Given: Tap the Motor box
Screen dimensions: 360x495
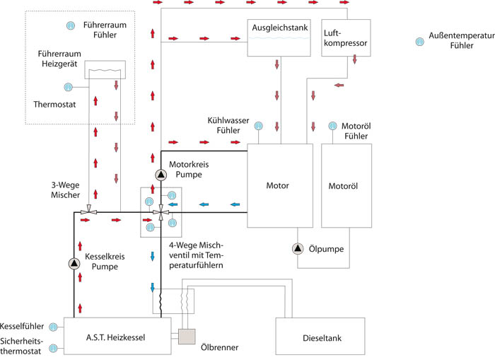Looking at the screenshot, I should tap(279, 185).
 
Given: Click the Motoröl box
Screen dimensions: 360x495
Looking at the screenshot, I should tap(346, 185).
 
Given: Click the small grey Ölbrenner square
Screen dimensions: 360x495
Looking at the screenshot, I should tap(188, 338).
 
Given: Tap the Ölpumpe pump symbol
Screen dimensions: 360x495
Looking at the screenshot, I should tap(298, 248).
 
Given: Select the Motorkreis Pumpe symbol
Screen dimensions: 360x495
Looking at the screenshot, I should tap(161, 175).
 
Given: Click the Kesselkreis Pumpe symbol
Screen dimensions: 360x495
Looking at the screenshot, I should tap(74, 263).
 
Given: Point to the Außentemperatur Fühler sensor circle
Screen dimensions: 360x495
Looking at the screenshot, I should tap(419, 42).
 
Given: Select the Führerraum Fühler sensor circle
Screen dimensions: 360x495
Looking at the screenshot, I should tap(70, 26).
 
